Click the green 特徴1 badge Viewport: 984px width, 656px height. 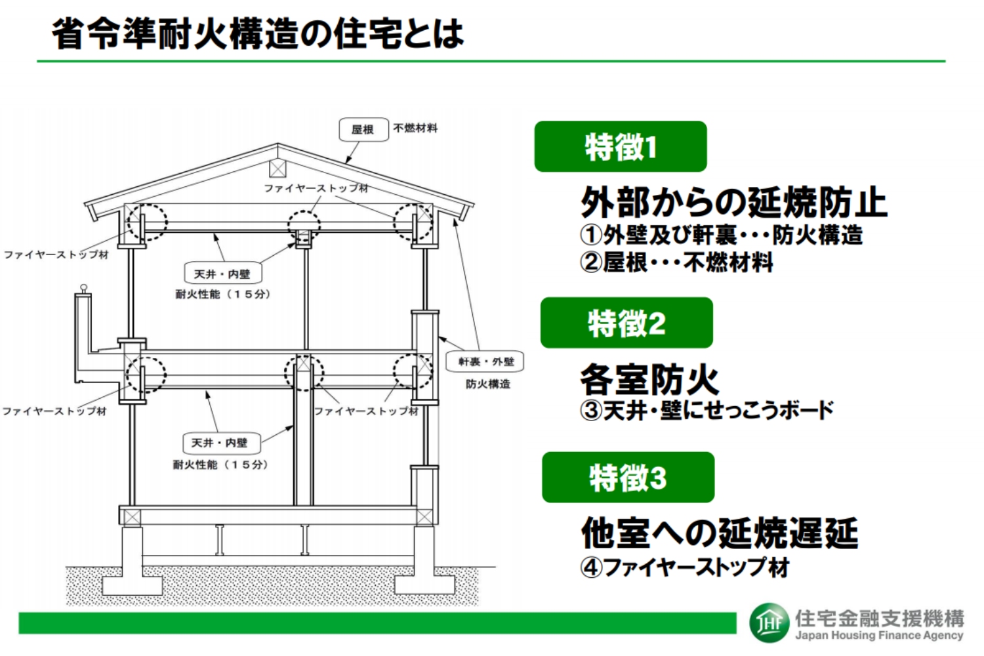(621, 146)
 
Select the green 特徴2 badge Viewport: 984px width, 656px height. (626, 323)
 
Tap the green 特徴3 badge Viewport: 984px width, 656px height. (628, 478)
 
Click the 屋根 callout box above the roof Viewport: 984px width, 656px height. (363, 130)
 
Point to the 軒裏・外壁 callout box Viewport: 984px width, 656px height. (485, 361)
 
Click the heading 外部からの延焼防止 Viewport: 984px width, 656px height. (733, 202)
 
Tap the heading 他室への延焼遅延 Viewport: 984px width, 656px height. (720, 533)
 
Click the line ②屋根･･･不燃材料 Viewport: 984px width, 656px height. (676, 262)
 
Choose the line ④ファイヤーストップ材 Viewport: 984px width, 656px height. (685, 567)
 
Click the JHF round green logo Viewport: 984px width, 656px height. (769, 623)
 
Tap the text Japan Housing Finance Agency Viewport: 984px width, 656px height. (879, 636)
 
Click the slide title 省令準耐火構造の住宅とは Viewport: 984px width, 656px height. (258, 34)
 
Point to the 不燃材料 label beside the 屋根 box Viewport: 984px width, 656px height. (415, 129)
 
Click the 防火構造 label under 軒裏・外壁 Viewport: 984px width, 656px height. (488, 384)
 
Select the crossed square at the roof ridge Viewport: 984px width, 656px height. (277, 169)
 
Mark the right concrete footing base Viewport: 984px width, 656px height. (425, 585)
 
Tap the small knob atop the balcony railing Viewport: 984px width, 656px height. (84, 288)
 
